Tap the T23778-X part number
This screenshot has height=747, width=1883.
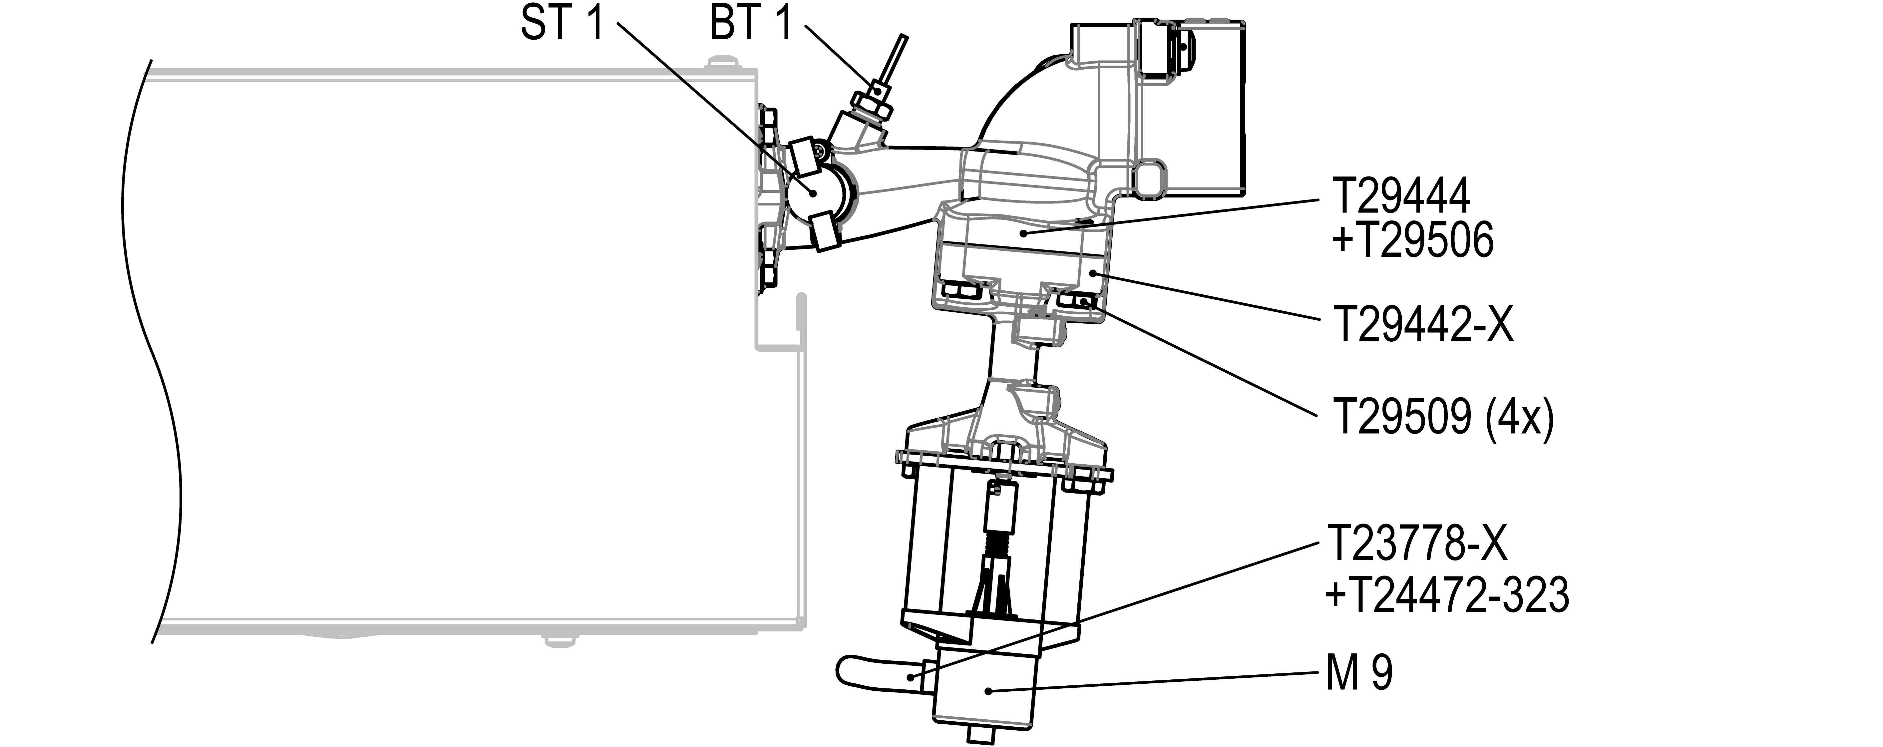(x=1417, y=544)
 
